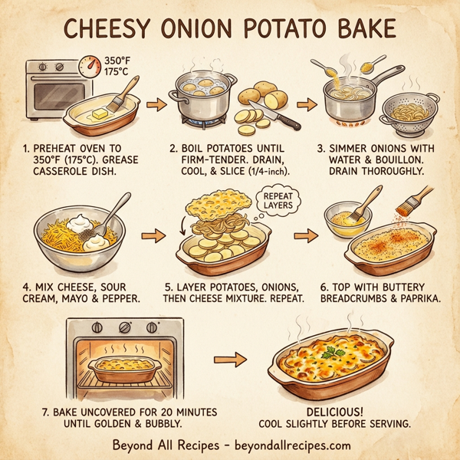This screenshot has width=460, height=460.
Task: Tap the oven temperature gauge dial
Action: coord(93,65)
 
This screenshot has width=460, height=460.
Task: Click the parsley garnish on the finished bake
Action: coord(331,353)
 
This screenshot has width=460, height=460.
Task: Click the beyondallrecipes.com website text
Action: coord(289,445)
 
